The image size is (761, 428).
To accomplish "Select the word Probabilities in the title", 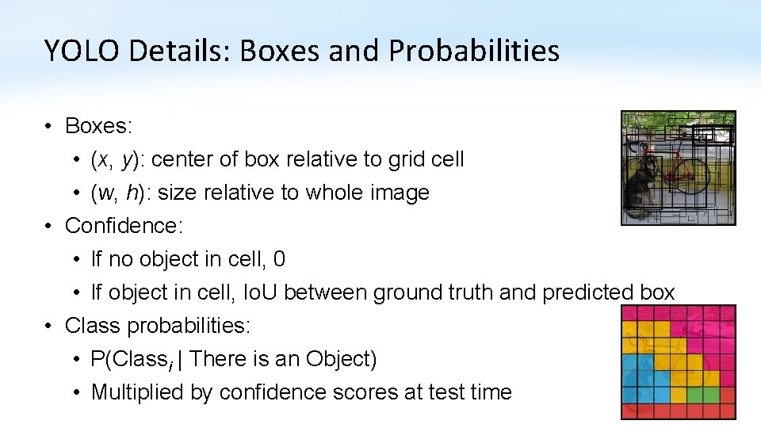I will coord(474,51).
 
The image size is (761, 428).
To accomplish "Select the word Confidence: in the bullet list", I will coord(124,226).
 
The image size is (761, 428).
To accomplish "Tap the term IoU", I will coord(259,292).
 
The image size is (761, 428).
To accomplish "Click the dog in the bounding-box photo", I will coord(638,186).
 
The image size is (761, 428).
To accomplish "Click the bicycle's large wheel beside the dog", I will coord(693,174).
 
